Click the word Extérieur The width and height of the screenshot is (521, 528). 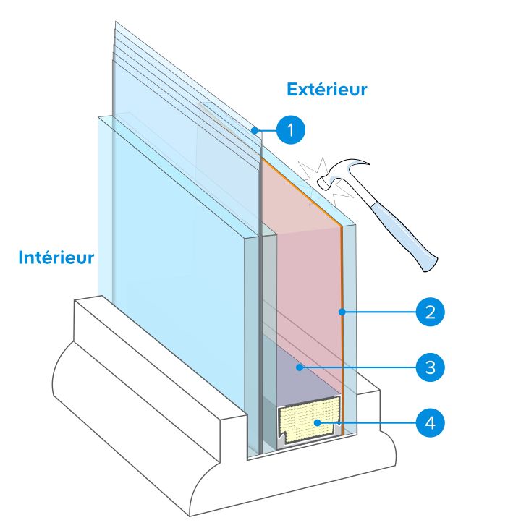(x=326, y=90)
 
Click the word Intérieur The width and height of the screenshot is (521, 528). (x=56, y=257)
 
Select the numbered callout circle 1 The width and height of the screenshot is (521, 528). (x=290, y=130)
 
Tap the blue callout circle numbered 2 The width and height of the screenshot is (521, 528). (x=430, y=312)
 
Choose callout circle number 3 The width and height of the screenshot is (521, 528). (x=430, y=367)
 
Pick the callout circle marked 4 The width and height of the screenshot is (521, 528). (x=430, y=422)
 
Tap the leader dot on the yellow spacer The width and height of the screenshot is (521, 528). (x=316, y=422)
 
